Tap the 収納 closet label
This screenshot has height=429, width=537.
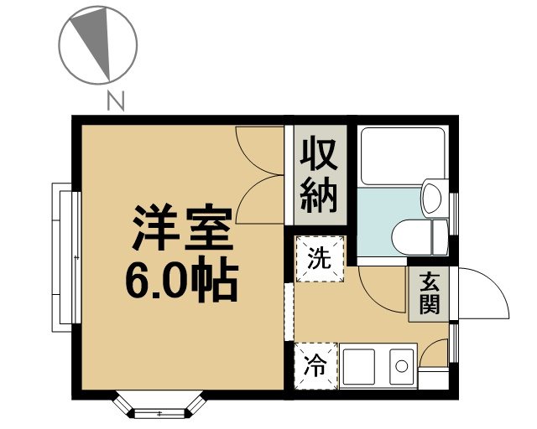pos(319,175)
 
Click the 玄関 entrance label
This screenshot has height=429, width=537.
pos(429,293)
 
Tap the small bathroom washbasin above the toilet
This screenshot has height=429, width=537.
pos(432,198)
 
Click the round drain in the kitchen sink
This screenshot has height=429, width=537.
pos(401,366)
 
